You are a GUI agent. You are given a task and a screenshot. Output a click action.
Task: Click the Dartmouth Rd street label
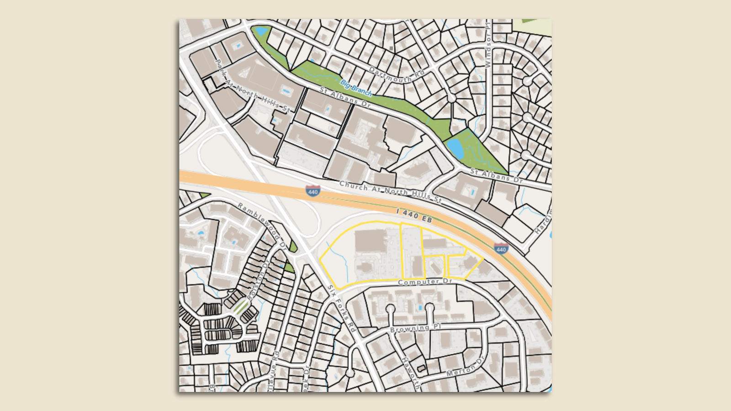coord(397,75)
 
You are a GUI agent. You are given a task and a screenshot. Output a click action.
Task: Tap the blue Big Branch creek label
coord(356,88)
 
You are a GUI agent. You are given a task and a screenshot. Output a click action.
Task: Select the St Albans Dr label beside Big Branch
coord(345,97)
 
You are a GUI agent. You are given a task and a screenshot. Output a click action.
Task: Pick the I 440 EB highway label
coord(414,216)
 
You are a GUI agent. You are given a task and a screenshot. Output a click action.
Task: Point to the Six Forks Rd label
coord(342,308)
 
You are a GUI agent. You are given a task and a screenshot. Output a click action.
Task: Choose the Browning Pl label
coord(415,328)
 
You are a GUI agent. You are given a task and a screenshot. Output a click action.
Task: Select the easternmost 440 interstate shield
coord(501,249)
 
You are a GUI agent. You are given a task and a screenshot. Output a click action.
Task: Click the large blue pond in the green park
coord(456,148)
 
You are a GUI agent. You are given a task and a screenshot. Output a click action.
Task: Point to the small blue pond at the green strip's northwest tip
coord(261,31)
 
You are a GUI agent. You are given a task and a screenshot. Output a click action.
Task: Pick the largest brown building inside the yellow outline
coord(371,241)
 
